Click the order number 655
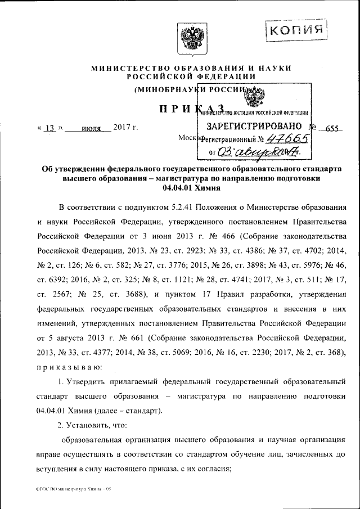coord(332,128)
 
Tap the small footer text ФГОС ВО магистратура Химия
coord(73,490)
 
